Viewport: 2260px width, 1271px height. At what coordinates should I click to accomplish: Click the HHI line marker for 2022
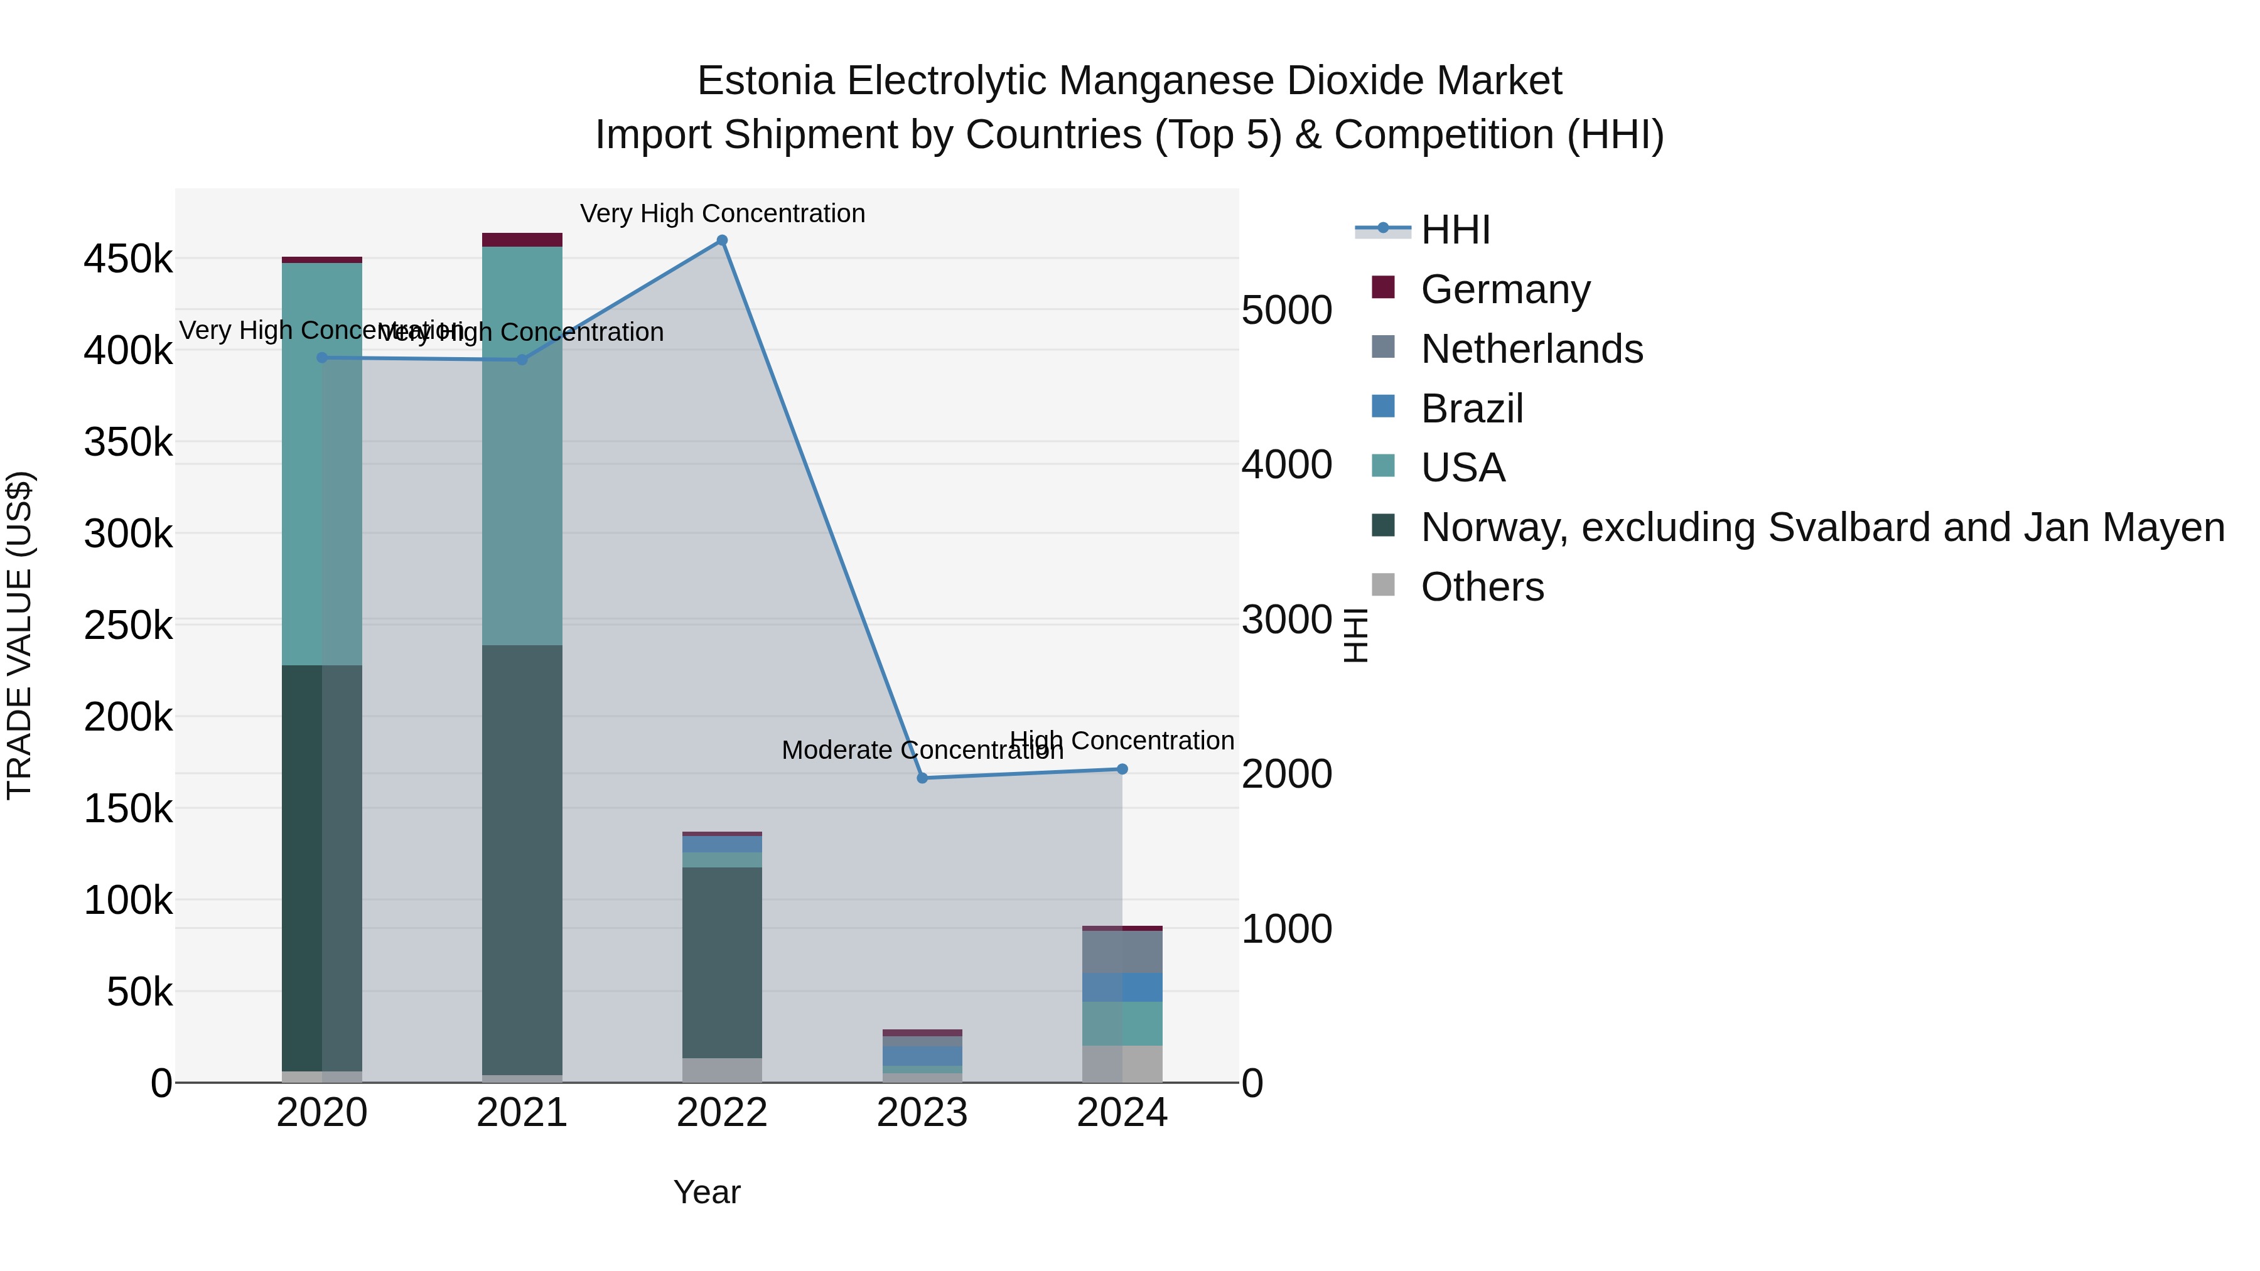click(722, 240)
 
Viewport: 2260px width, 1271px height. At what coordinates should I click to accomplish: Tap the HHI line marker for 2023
click(922, 778)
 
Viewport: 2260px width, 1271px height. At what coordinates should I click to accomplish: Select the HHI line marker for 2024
click(1122, 770)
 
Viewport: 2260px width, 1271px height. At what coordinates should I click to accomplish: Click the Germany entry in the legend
click(1505, 289)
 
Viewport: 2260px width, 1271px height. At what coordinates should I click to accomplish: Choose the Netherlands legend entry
click(1531, 349)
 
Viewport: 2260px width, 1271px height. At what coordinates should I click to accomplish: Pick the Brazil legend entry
click(1472, 409)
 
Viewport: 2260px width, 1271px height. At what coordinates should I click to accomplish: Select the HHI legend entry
click(1455, 230)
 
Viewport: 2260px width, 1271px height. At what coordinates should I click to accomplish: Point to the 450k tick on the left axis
click(128, 260)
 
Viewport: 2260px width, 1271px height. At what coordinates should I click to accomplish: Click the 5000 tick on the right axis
click(1287, 311)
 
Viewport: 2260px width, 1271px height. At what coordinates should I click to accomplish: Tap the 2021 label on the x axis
click(522, 1113)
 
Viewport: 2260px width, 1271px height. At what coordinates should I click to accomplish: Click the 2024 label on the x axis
click(1122, 1113)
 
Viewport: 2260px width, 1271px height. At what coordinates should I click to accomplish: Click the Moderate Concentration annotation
click(922, 751)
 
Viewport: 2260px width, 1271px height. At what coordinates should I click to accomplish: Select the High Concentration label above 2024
click(1122, 741)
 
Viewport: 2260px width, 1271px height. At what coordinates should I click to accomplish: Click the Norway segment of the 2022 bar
click(722, 962)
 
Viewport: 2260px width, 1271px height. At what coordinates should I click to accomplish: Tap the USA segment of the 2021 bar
click(522, 446)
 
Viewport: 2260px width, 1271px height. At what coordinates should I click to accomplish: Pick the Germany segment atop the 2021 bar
click(522, 240)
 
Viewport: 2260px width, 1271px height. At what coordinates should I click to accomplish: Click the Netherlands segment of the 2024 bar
click(1122, 952)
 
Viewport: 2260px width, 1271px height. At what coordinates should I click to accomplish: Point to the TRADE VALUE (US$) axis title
click(19, 635)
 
